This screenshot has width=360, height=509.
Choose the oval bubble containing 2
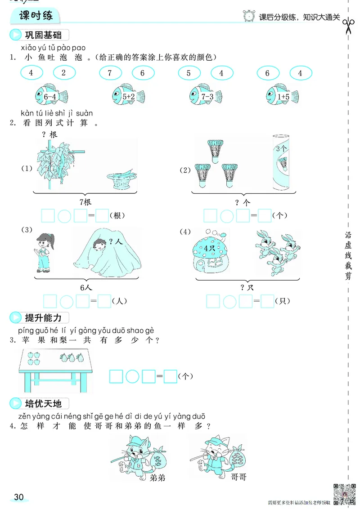pyautogui.click(x=64, y=73)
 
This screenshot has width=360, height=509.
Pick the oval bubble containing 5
pyautogui.click(x=189, y=73)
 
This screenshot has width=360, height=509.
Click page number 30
pyautogui.click(x=18, y=496)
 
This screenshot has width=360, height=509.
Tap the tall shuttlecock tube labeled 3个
pyautogui.click(x=282, y=163)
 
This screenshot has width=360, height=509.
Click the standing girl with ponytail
pyautogui.click(x=44, y=253)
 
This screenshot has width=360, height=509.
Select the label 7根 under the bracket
pyautogui.click(x=85, y=202)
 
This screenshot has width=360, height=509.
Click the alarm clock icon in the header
pyautogui.click(x=248, y=17)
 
